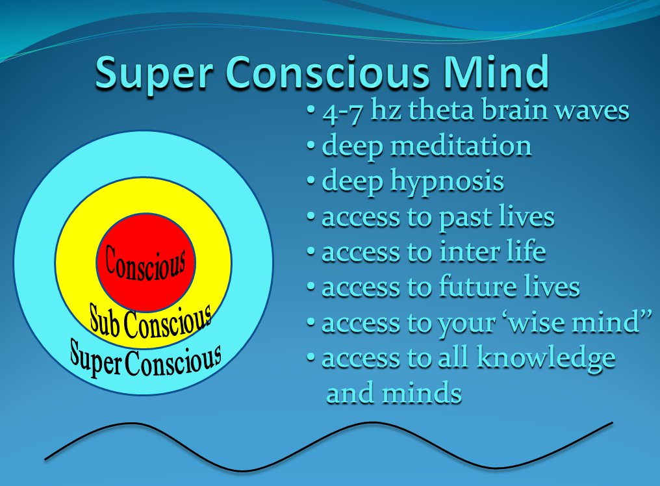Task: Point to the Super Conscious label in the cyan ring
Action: click(146, 361)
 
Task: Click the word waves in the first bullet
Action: click(596, 111)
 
